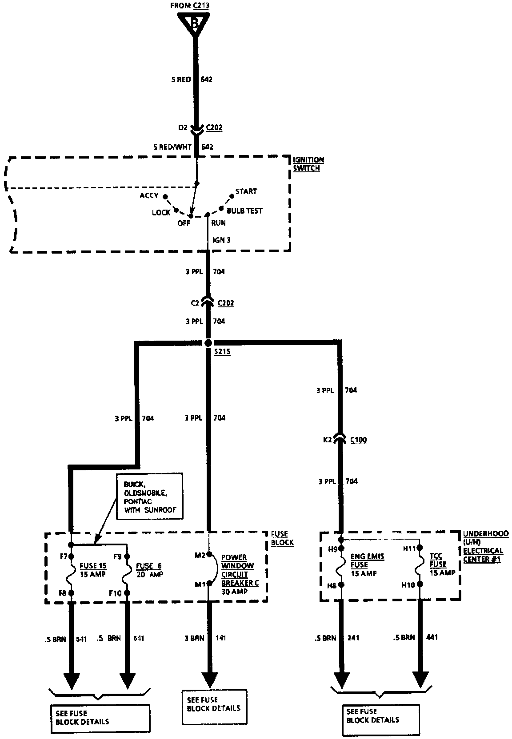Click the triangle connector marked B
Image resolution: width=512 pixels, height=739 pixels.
coord(194,22)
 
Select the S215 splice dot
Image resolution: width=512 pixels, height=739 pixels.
coord(208,343)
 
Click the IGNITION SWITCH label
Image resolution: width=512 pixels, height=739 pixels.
coord(308,164)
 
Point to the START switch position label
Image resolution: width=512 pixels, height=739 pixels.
coord(246,191)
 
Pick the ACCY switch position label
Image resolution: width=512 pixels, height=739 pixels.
coord(149,195)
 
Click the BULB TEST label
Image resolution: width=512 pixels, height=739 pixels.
coord(244,211)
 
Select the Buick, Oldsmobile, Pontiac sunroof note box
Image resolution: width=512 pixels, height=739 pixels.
coord(150,497)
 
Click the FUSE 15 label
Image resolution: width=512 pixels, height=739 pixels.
coord(93,570)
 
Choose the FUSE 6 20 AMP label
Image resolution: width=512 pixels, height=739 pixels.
coord(149,570)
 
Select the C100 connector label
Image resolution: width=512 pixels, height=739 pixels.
coord(358,440)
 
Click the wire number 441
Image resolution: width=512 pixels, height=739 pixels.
coord(431,637)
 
